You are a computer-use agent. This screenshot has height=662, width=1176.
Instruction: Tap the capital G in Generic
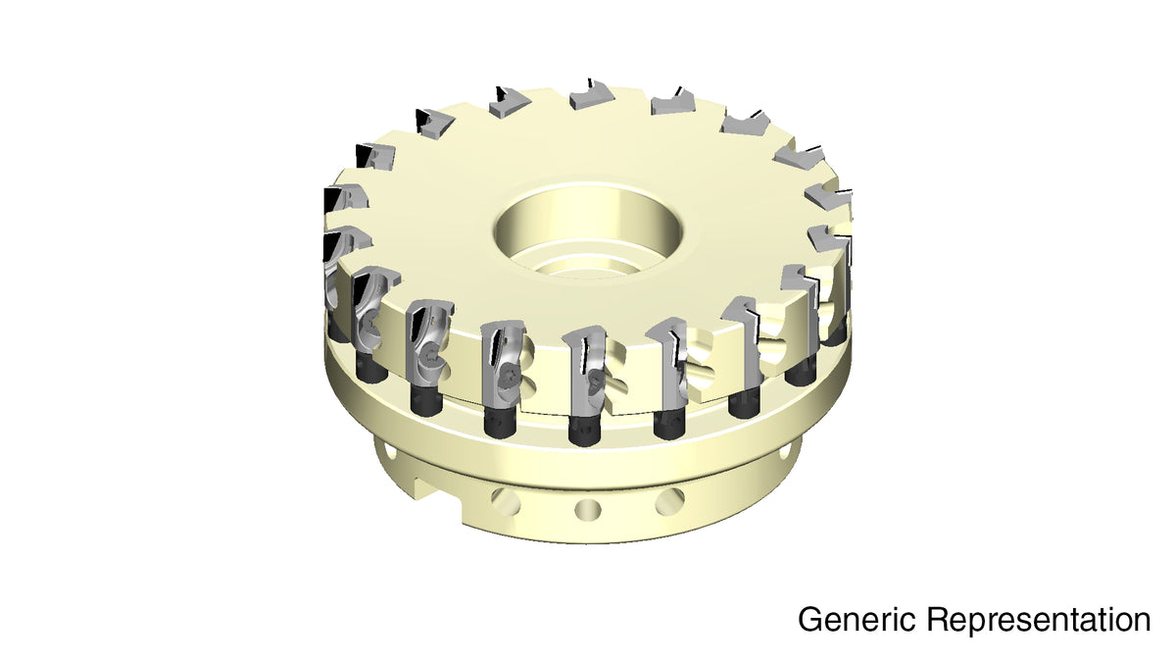(x=810, y=620)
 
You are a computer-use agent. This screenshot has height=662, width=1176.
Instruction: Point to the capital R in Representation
(x=938, y=620)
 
